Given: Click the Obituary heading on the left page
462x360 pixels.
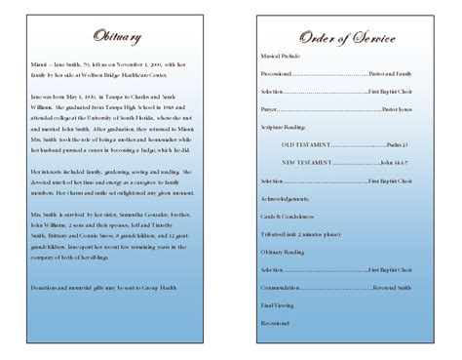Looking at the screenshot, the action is click(x=116, y=37).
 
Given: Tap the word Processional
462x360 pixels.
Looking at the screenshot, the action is click(x=281, y=74).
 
